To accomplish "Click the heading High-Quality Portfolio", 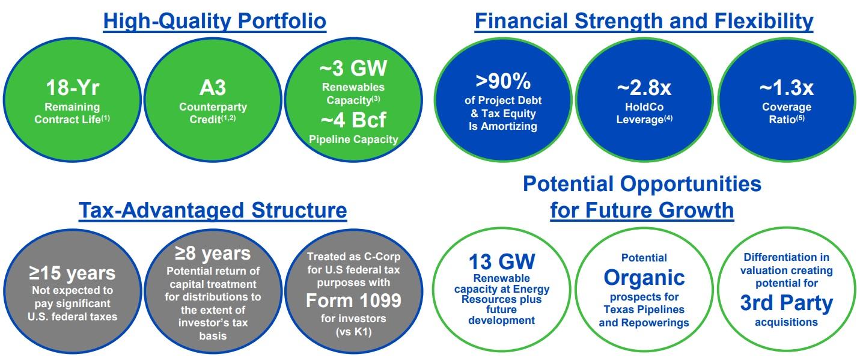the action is tap(215, 20).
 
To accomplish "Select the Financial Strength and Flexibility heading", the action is tap(644, 20).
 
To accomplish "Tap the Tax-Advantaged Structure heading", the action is tap(213, 210).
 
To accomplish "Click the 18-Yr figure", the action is tap(73, 88).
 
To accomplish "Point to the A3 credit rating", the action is tap(213, 88).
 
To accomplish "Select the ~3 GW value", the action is tap(353, 68).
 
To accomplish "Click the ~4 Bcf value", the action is tap(353, 120).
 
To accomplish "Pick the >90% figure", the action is tap(503, 81).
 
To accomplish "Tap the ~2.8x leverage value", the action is tap(644, 88).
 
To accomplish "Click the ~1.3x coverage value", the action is tap(787, 88).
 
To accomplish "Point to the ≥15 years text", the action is tap(72, 273).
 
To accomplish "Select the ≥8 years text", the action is tap(213, 253).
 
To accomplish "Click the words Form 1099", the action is tap(353, 301).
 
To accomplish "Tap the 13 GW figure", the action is tap(502, 262).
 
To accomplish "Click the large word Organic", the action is tap(644, 278).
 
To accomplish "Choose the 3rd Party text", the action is tap(787, 303).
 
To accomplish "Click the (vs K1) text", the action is tap(353, 332).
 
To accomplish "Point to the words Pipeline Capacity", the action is tap(353, 139).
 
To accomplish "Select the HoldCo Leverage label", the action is tap(644, 113).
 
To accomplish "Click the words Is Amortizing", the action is tap(503, 126).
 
